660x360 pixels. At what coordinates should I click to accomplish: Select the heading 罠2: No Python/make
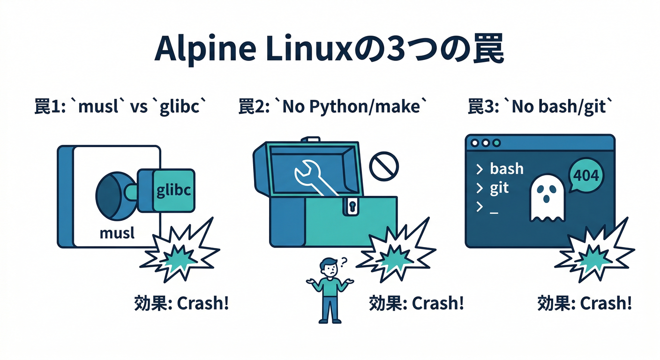333,107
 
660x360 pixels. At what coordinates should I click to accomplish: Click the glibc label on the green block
174,192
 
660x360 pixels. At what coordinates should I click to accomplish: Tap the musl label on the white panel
117,233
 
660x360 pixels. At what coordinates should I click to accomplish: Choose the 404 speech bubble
586,176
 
